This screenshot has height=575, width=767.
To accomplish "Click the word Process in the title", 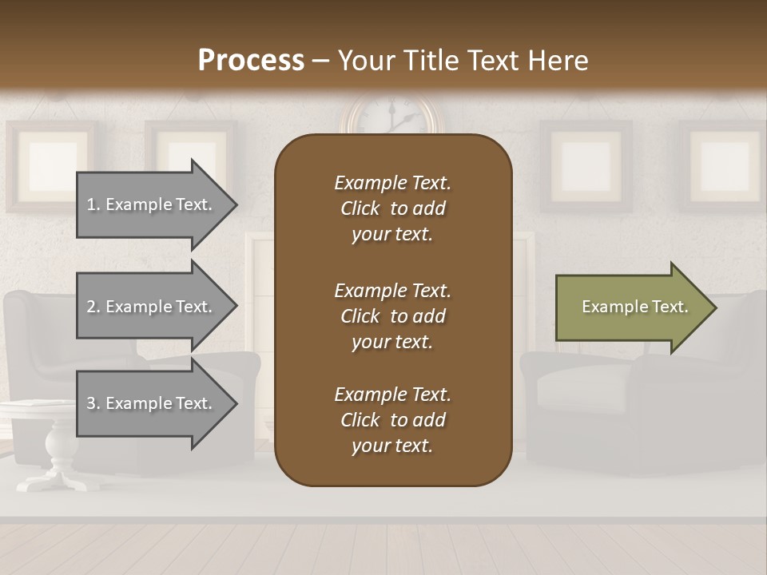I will (251, 61).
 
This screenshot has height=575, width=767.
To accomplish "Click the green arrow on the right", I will (631, 307).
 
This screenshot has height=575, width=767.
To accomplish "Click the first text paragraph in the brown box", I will (392, 208).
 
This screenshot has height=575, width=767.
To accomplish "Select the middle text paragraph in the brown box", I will (392, 316).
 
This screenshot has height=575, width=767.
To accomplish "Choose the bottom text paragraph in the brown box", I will (392, 420).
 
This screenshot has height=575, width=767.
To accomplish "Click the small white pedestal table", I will (56, 439).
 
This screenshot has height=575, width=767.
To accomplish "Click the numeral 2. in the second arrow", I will (93, 307).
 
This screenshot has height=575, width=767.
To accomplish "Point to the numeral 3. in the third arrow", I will (93, 403).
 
